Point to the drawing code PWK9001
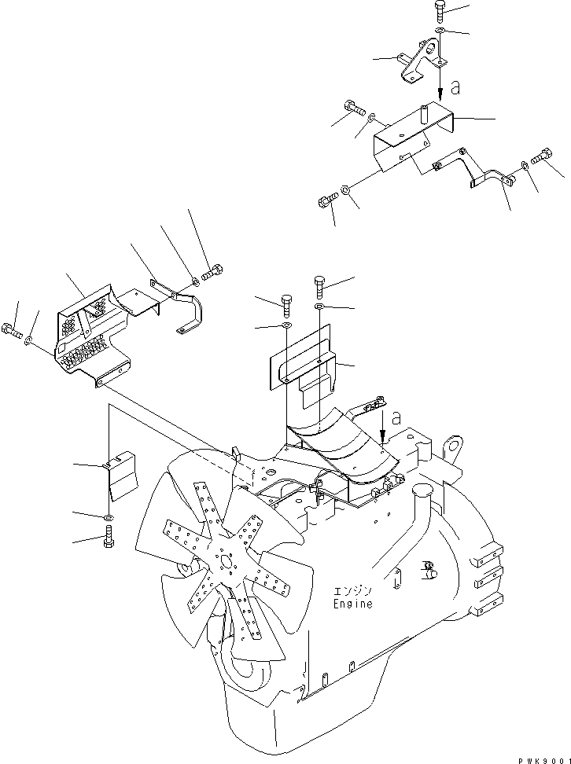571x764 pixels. [542, 757]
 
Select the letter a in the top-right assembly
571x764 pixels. [454, 89]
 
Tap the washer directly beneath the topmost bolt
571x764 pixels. [439, 31]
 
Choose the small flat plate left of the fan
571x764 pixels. [123, 475]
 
